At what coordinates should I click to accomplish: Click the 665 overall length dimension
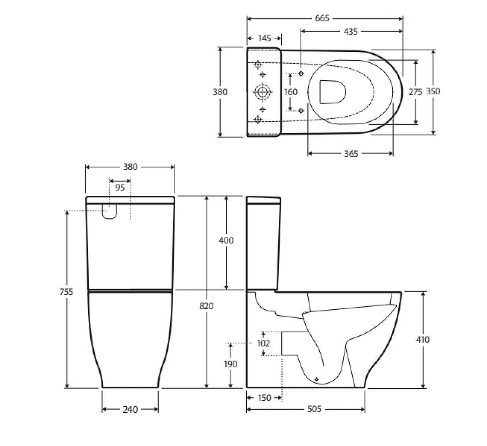pos(322,18)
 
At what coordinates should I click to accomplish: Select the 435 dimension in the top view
pos(351,31)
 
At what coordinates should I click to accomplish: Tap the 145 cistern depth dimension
pos(264,39)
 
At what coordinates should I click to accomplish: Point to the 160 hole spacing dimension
pos(290,92)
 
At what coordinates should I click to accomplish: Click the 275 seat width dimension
pos(415,92)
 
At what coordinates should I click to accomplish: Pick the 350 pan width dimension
pos(433,91)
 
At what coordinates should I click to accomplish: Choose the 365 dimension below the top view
pos(351,154)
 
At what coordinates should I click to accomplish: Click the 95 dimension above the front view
pos(120,187)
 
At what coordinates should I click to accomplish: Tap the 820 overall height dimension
pos(206,306)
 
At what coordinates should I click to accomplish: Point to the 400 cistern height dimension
pos(226,241)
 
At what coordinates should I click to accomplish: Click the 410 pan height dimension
pos(423,340)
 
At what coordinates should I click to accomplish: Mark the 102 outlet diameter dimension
pos(263,343)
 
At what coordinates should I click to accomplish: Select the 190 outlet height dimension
pos(231,364)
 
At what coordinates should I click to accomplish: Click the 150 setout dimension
pos(264,398)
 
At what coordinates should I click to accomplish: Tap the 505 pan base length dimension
pos(314,410)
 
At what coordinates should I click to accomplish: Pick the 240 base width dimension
pos(130,410)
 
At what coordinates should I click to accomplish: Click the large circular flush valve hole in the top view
pos(263,92)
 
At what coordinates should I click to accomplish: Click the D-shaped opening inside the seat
pos(332,92)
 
